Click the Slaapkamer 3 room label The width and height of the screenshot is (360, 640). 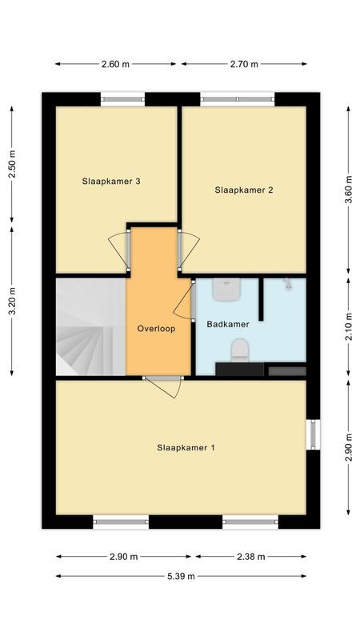111,182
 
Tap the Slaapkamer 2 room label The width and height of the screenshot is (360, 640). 244,190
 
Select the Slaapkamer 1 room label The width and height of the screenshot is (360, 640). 186,448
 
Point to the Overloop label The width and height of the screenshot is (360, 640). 156,328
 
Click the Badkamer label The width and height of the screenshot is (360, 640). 228,325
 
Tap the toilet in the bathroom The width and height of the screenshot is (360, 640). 239,350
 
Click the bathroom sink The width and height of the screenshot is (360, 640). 227,290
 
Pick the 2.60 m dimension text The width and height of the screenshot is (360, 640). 115,65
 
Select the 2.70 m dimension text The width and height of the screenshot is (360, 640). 244,65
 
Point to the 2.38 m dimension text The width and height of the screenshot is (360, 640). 250,557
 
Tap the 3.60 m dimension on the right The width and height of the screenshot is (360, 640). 347,190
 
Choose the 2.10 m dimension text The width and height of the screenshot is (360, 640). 347,326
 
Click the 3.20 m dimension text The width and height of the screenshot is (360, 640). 12,301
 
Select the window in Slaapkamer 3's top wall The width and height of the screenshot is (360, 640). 123,100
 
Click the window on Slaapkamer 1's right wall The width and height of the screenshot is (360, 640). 314,434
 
